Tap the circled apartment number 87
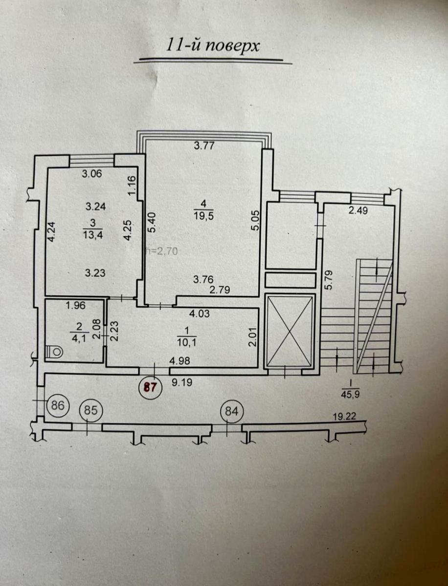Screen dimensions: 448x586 (x=150, y=387)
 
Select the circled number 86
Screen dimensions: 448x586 (x=58, y=405)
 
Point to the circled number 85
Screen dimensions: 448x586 (x=91, y=410)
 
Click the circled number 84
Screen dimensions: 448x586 (x=231, y=411)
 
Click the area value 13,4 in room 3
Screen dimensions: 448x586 (x=93, y=235)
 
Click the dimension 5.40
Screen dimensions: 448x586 (x=152, y=223)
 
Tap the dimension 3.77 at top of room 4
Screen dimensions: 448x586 (x=204, y=146)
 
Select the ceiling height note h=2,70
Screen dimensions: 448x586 (x=162, y=251)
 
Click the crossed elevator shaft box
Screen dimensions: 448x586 (x=291, y=331)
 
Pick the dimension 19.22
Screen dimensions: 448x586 (x=344, y=417)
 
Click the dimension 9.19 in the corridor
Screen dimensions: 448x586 (x=182, y=382)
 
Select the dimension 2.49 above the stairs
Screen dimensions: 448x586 (x=358, y=210)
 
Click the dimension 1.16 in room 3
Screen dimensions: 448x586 (x=133, y=185)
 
